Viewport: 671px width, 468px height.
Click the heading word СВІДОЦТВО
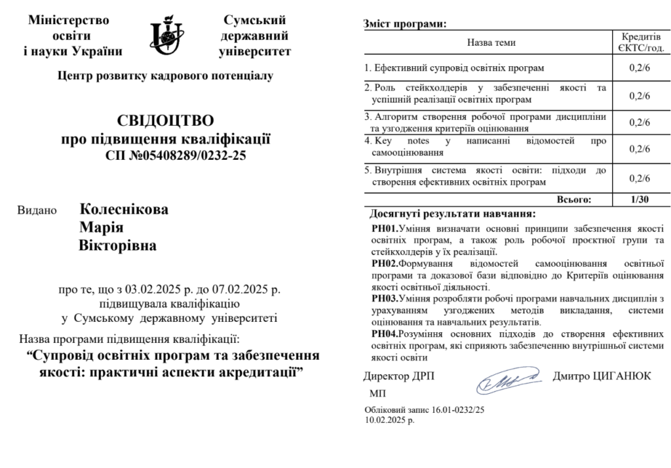coord(165,121)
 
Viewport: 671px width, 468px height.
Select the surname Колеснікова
coord(124,210)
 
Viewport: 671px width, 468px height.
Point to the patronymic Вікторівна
coord(118,246)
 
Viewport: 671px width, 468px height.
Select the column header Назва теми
coord(491,43)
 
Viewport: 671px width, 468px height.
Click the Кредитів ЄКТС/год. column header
coord(640,42)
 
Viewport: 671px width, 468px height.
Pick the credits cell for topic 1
coord(639,68)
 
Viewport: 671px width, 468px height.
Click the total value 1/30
coord(639,200)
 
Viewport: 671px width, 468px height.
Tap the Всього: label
coord(573,200)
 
